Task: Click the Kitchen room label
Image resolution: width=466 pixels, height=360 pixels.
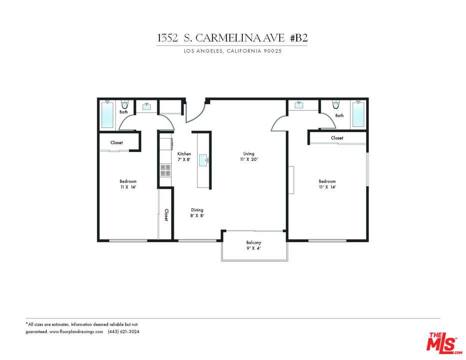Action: (184, 154)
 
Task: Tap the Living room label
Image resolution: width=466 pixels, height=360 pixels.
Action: (249, 153)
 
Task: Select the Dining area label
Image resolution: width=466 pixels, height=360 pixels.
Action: (197, 210)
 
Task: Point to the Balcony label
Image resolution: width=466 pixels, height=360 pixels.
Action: (254, 242)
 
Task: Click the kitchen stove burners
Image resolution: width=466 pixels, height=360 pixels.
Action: (165, 170)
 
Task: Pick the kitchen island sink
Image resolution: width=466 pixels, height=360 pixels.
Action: (204, 160)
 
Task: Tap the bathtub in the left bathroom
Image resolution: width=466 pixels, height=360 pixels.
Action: (107, 115)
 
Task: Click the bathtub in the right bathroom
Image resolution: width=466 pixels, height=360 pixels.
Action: (359, 114)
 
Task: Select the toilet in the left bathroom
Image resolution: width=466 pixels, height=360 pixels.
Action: (125, 104)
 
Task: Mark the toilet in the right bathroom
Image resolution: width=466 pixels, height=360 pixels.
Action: (336, 104)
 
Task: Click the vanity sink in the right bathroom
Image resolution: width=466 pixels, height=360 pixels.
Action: (298, 104)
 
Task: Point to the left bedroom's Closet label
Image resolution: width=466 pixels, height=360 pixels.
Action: (116, 142)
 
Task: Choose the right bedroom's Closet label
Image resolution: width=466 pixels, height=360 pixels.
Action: (337, 138)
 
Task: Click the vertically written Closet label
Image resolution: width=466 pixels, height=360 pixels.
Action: (166, 215)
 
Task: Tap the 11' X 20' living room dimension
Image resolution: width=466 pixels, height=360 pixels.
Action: (249, 159)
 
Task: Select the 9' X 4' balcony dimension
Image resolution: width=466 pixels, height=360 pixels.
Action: (254, 248)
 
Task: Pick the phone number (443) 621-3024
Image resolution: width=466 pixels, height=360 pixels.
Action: (123, 331)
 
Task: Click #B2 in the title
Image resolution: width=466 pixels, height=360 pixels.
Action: (299, 38)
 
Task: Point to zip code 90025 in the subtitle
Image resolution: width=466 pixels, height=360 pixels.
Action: (273, 51)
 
